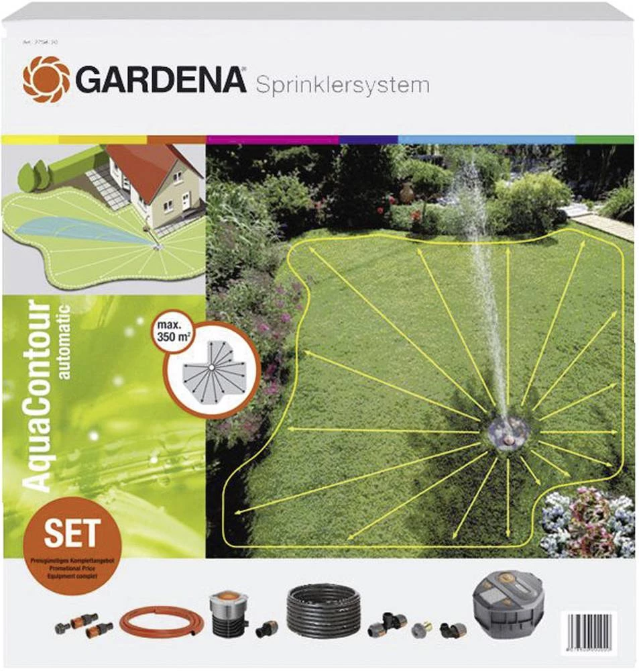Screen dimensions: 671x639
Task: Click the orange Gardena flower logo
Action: [x=46, y=79]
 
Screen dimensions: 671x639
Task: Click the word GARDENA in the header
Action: [x=161, y=81]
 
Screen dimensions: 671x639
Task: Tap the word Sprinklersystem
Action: [x=342, y=85]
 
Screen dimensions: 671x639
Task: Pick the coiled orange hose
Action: [x=158, y=621]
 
